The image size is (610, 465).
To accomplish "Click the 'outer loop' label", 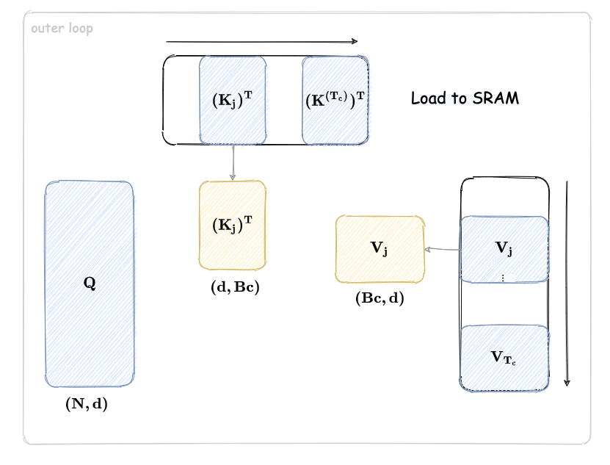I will [62, 29].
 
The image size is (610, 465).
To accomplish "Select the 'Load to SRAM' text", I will [465, 98].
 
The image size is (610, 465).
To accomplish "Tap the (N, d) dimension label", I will [87, 403].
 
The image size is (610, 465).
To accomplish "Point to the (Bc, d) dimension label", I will [380, 298].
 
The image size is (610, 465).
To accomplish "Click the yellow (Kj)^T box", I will [233, 226].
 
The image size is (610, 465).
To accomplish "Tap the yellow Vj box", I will [380, 249].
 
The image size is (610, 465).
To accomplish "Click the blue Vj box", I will [504, 248].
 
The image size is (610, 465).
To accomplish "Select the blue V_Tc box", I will [504, 357].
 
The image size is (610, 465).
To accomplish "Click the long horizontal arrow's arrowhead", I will [355, 42].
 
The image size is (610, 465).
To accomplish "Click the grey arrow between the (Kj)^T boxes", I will [233, 162].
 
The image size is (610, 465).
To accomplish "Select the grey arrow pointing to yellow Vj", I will [442, 250].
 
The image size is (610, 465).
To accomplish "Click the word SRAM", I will [496, 98].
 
